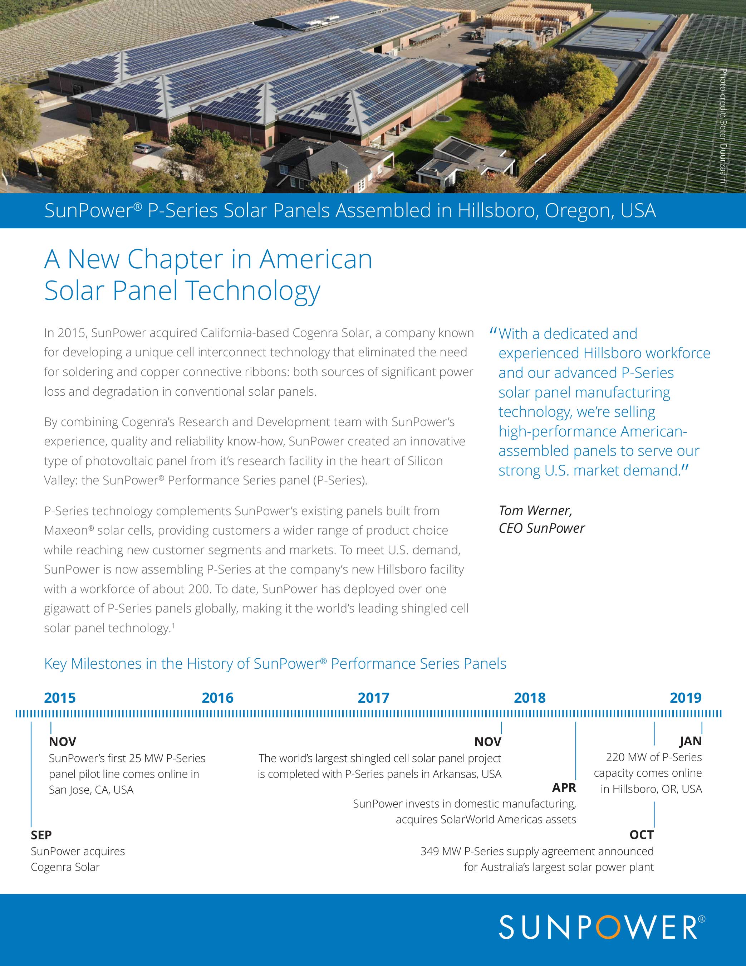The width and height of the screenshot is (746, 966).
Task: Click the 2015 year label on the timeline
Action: tap(60, 698)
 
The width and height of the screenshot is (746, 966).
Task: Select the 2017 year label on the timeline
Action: tap(373, 698)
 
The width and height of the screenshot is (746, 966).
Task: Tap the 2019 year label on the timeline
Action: tap(686, 698)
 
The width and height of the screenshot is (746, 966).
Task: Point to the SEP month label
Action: tap(41, 835)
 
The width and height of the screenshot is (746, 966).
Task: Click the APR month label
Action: tap(564, 787)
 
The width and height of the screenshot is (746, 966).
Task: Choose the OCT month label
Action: tap(641, 835)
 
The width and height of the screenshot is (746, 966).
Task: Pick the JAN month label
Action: tap(690, 741)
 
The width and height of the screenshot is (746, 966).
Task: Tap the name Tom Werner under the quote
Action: tap(535, 511)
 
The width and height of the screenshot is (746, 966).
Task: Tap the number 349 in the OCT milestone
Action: tap(430, 851)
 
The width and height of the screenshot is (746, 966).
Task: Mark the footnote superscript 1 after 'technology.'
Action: tap(173, 625)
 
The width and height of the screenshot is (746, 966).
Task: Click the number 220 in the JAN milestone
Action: tap(615, 757)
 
